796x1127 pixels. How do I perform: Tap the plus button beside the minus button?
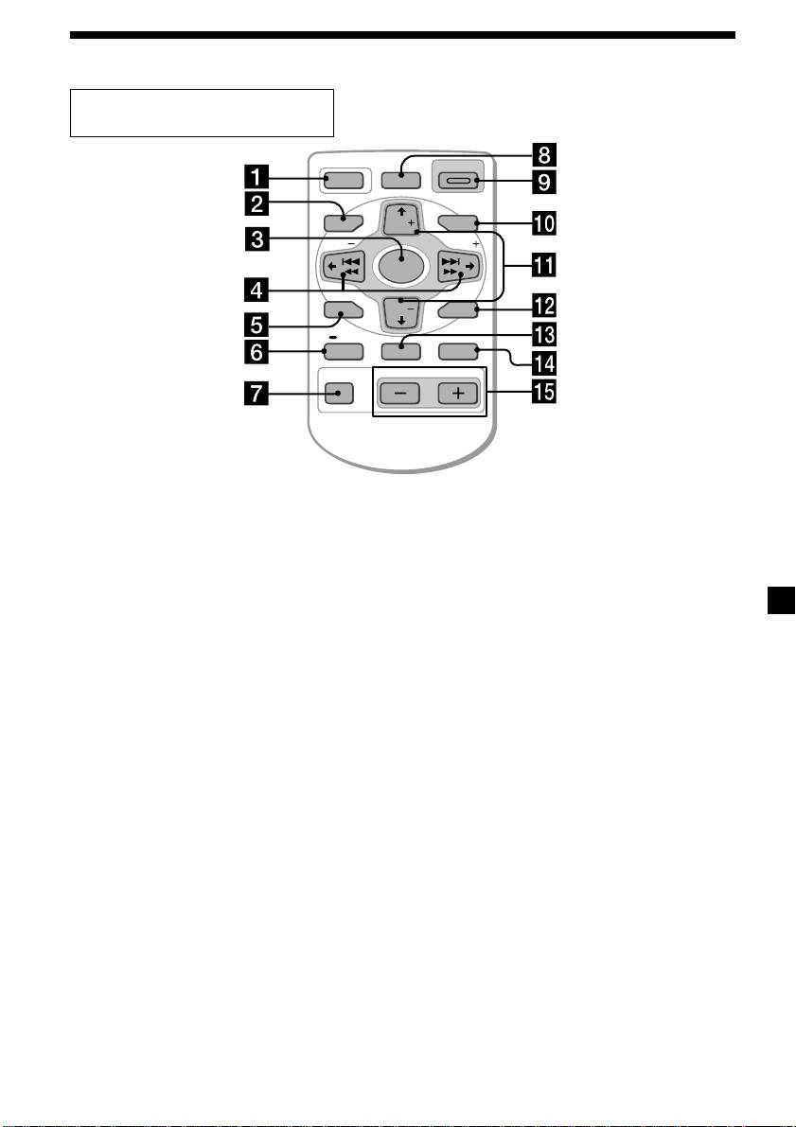click(x=457, y=394)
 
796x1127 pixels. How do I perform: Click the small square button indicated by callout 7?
click(x=338, y=393)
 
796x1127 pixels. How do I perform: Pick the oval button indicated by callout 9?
click(x=457, y=177)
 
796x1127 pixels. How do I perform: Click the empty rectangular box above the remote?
click(x=202, y=114)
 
